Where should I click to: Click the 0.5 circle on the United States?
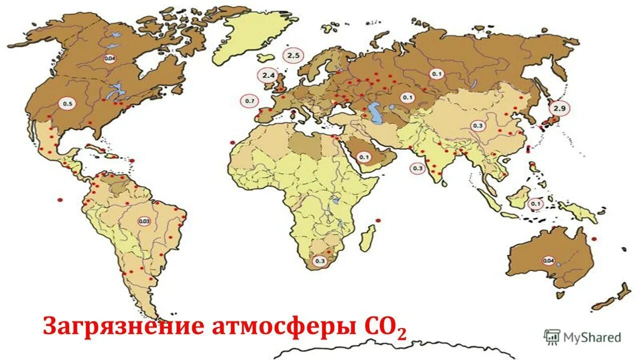pyautogui.click(x=67, y=104)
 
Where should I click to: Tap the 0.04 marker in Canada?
pyautogui.click(x=110, y=58)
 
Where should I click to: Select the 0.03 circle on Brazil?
pyautogui.click(x=145, y=221)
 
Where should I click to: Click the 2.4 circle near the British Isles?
pyautogui.click(x=267, y=75)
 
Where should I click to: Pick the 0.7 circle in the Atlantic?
pyautogui.click(x=249, y=101)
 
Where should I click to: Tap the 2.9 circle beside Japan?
pyautogui.click(x=559, y=107)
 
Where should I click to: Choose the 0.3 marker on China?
pyautogui.click(x=477, y=125)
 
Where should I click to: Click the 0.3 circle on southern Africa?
pyautogui.click(x=319, y=260)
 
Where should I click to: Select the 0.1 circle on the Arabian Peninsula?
pyautogui.click(x=363, y=156)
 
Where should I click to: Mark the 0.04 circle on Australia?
pyautogui.click(x=548, y=260)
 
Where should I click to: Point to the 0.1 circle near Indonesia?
pyautogui.click(x=535, y=204)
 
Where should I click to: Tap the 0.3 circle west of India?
pyautogui.click(x=417, y=168)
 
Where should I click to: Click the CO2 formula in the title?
pyautogui.click(x=382, y=327)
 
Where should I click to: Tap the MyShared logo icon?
pyautogui.click(x=552, y=337)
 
